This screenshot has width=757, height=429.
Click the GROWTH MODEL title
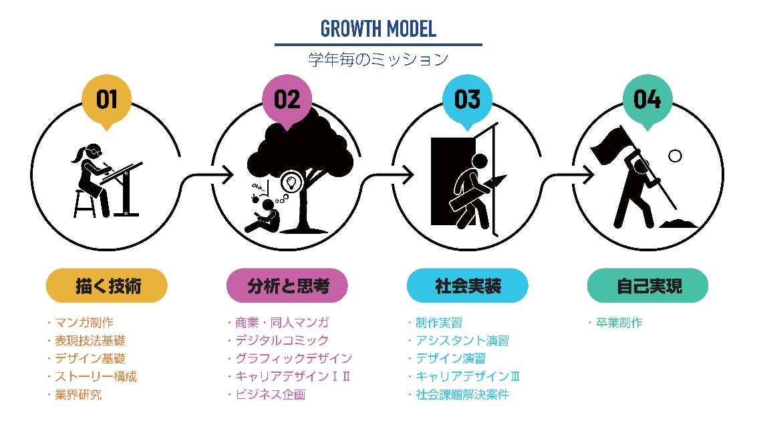(378, 29)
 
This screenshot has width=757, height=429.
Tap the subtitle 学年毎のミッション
(378, 59)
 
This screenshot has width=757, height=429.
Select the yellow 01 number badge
(106, 100)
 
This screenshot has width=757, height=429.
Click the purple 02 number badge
(287, 100)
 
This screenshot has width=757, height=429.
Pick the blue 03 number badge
(467, 100)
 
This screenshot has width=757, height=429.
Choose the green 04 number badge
(647, 100)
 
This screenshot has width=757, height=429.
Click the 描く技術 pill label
(106, 286)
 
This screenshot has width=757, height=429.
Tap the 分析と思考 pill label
(287, 286)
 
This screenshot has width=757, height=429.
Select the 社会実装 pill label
(468, 286)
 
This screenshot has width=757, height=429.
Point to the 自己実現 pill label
(648, 286)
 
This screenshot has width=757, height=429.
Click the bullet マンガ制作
(88, 323)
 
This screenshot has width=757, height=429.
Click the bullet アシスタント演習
(460, 341)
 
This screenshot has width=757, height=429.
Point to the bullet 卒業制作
(618, 323)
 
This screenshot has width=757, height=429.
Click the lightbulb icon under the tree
(291, 182)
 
